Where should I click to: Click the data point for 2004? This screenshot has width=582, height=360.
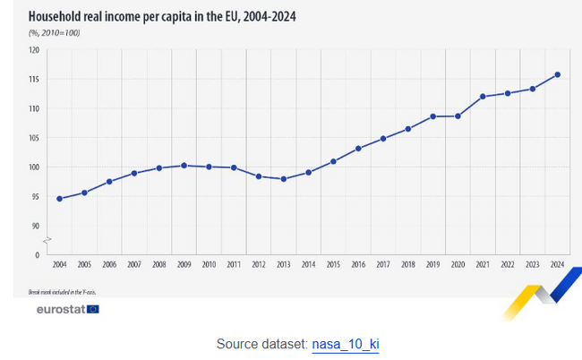pos(59,199)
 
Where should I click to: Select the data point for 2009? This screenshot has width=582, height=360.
pos(184,166)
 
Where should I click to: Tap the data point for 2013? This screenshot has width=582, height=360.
pos(283,179)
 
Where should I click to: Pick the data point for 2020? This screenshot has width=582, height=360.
pos(458,116)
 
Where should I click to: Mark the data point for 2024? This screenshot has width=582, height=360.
pos(557,74)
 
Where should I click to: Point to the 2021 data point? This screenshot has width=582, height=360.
pos(483,97)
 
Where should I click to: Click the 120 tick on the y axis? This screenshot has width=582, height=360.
pos(34,50)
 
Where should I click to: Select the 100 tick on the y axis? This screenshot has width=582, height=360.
pos(34,167)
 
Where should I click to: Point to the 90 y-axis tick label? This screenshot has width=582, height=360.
pos(36,226)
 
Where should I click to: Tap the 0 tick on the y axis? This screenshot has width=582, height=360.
pos(38,255)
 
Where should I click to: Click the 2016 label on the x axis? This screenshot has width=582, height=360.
pos(358,265)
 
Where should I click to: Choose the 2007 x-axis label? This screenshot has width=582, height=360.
pos(133,265)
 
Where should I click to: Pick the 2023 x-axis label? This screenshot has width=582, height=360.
pos(532,265)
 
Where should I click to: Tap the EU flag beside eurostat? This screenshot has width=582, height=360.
pos(93,309)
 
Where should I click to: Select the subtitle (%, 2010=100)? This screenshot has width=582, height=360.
pos(55,32)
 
